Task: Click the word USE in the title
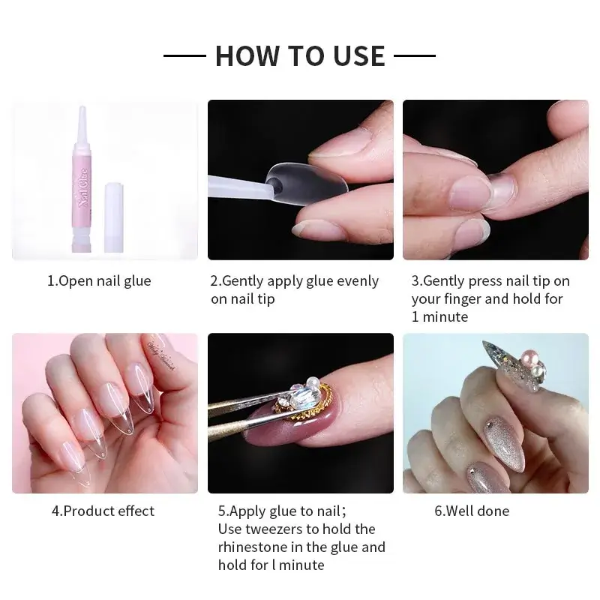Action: point(357,55)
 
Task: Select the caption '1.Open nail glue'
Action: point(100,281)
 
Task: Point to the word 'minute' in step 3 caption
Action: point(447,316)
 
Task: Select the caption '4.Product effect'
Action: point(103,511)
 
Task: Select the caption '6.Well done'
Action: point(472,511)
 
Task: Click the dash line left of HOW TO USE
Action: point(184,55)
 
